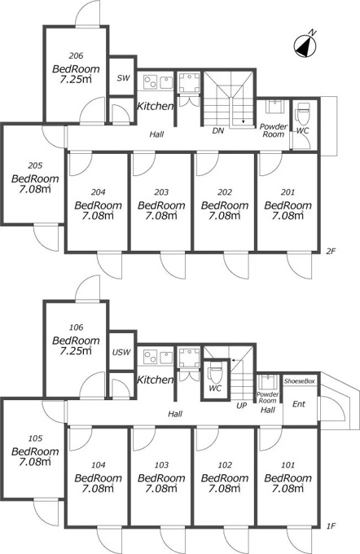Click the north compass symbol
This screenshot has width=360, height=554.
point(305,46)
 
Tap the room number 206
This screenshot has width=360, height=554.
point(76,55)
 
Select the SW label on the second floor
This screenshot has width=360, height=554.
point(123,78)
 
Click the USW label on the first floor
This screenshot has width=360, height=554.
point(121,352)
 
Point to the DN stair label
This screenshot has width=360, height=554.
point(218,130)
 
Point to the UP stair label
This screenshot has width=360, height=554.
point(241,406)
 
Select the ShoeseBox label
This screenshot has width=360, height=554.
point(299,381)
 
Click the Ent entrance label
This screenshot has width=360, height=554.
point(299,404)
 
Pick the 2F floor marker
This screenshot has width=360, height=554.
point(331,252)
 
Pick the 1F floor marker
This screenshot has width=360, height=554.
point(331,526)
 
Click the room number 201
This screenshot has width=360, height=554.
point(288,192)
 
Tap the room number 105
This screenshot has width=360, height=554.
point(35,438)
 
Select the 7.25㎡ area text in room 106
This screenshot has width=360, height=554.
point(76,351)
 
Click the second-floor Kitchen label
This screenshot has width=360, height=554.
point(155,106)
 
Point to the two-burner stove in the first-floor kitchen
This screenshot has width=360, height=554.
point(150,356)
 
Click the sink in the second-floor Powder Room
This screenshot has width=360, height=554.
point(274,107)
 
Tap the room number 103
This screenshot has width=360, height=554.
point(161,465)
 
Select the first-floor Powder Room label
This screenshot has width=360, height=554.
point(267,398)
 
